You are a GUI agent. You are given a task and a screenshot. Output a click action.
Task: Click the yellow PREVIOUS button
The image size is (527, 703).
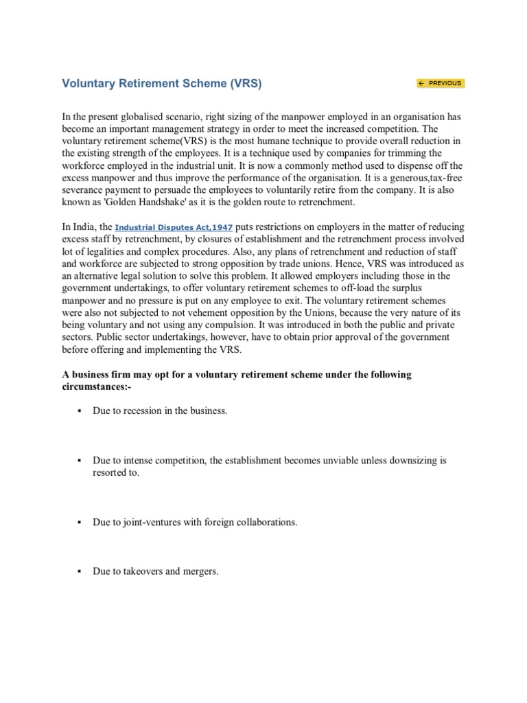[x=440, y=83]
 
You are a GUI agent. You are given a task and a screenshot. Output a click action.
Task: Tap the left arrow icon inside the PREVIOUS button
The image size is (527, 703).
[x=421, y=83]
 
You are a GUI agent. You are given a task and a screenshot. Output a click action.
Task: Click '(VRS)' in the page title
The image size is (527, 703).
[x=246, y=83]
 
